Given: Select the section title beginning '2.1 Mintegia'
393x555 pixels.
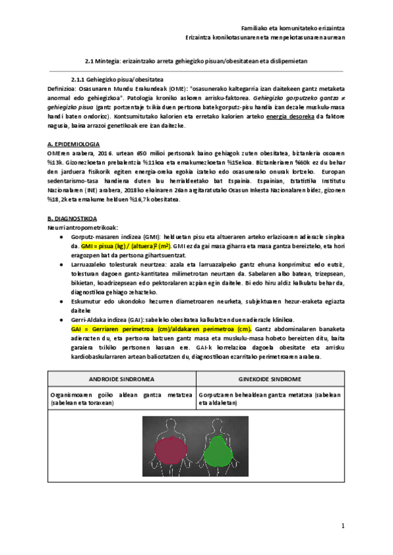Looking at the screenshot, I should [x=196, y=60].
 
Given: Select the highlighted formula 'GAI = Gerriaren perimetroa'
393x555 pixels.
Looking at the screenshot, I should [x=160, y=329].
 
